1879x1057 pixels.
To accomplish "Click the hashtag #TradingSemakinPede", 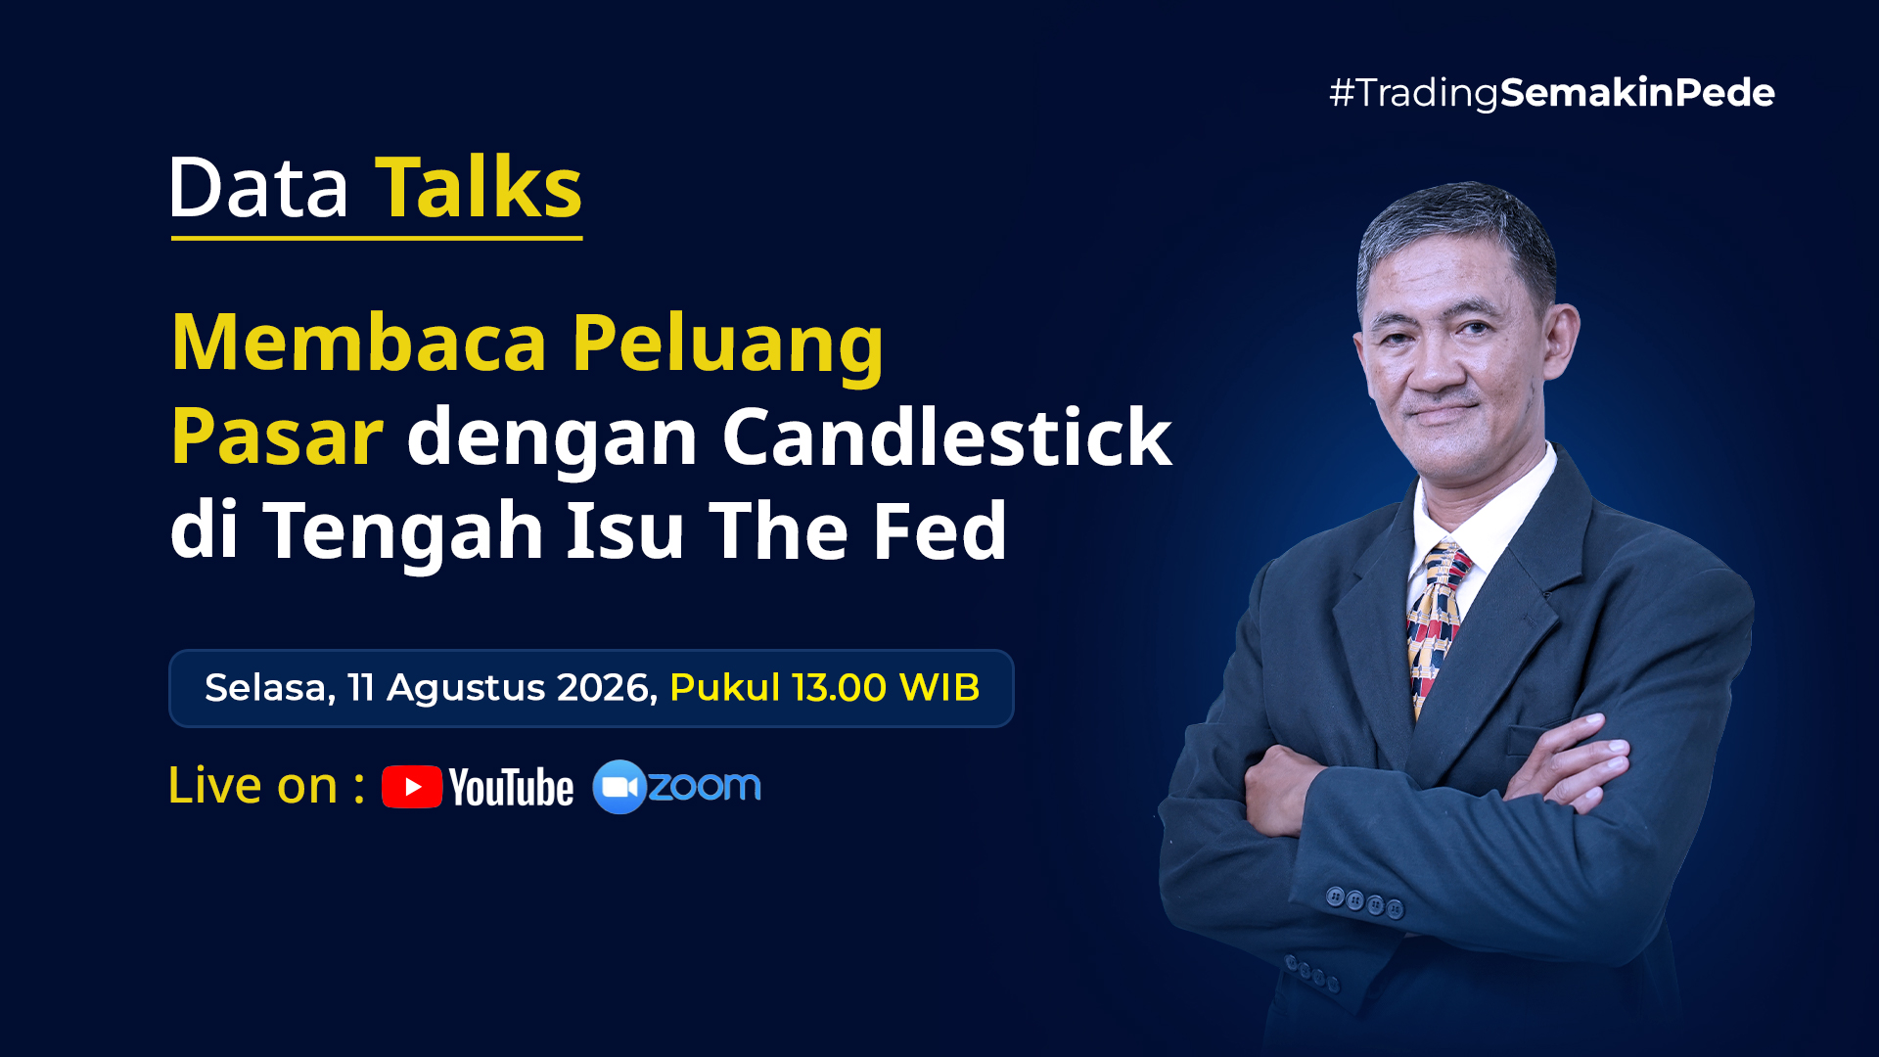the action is tap(1552, 93).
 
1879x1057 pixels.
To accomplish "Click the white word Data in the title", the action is tap(259, 188).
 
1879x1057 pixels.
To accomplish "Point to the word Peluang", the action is tap(728, 345).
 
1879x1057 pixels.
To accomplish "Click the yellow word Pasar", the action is tap(277, 437).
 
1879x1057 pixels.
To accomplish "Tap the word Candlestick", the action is tap(947, 437).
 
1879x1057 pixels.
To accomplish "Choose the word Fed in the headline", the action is tap(939, 530).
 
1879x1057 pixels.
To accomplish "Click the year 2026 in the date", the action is tap(607, 688).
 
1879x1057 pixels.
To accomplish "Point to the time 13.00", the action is tap(840, 688).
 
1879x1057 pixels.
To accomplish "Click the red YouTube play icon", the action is tap(412, 787).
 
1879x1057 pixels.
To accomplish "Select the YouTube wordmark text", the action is tap(512, 788).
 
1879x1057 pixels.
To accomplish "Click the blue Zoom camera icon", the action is tap(619, 787).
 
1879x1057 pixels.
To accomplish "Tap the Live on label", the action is tap(266, 786).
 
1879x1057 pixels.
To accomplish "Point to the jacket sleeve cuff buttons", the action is tap(1364, 901).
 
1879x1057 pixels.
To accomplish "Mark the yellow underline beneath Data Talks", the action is tap(377, 238).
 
